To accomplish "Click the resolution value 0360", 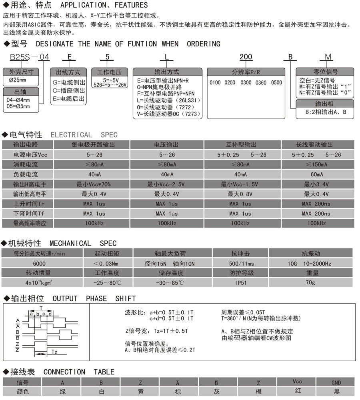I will click(261, 83).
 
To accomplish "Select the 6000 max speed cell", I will click(42, 264).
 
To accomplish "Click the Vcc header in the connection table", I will click(297, 382).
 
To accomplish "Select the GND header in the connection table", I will click(336, 382).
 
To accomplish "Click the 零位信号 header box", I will click(325, 72).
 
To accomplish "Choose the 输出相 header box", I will click(325, 104).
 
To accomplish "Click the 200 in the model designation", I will click(246, 57).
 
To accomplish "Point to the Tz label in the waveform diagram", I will click(54, 352).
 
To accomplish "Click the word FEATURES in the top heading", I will click(126, 5).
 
